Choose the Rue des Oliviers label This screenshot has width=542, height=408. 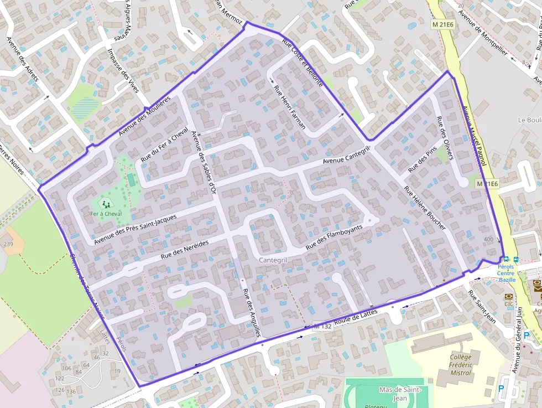coord(445,138)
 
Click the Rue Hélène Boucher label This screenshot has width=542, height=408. coord(425,208)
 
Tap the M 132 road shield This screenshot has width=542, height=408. coord(322,326)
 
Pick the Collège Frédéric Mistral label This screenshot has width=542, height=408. coord(461,364)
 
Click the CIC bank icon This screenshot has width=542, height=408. coord(508,297)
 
